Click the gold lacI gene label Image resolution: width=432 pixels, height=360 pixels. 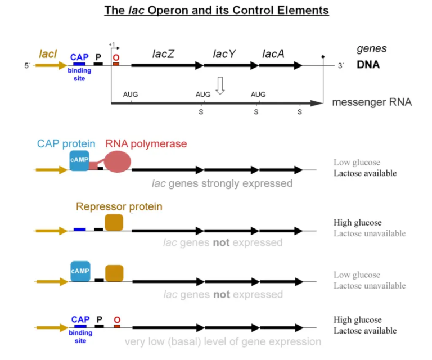pos(48,54)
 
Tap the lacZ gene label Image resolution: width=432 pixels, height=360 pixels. pos(163,53)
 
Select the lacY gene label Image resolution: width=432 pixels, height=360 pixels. pos(224,53)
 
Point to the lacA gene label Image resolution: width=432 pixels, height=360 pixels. pos(273,53)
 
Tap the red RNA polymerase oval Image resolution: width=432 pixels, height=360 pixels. pos(118,161)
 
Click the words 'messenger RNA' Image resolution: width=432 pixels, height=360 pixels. pos(372,102)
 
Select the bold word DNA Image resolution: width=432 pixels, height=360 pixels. pos(368,65)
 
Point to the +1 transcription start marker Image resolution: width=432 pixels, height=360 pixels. pos(111,44)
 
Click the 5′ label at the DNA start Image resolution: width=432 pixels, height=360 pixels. pos(27,66)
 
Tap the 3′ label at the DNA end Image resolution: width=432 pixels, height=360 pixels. pos(340,66)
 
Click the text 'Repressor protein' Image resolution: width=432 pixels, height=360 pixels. pos(119,207)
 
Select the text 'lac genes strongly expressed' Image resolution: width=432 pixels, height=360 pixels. pos(222,183)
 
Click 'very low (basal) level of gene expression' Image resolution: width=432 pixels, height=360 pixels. pos(223,341)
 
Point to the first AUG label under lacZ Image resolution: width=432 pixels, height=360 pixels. pos(130,94)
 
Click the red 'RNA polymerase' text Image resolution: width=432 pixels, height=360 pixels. pos(146,144)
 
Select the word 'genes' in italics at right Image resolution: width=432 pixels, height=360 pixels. pos(371,49)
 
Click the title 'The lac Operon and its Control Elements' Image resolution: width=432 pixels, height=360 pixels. pos(216,11)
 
